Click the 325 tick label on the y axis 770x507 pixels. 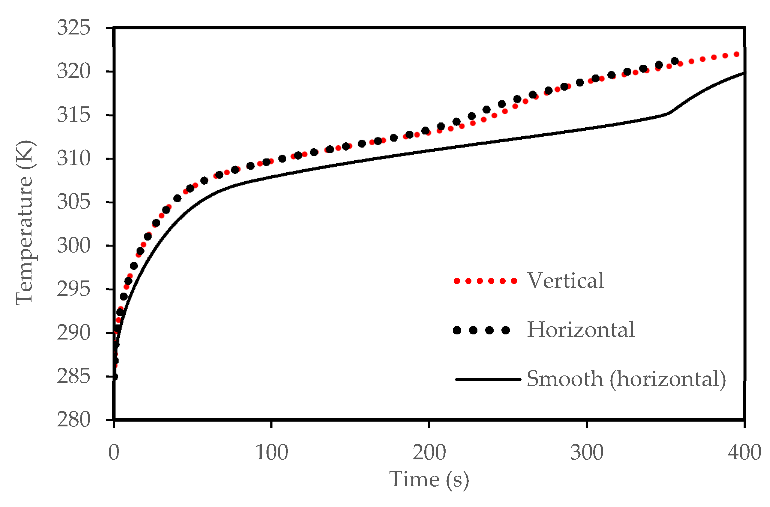74,28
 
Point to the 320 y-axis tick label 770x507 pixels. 74,71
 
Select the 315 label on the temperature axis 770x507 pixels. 74,115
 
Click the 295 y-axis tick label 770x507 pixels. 74,289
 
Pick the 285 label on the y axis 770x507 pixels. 74,376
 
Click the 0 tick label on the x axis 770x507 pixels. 114,453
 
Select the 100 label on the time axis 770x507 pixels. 271,453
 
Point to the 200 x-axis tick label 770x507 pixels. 429,453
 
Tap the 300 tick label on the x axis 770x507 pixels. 587,453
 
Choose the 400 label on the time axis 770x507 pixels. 744,453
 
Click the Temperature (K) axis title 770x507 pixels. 25,223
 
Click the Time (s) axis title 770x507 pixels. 429,480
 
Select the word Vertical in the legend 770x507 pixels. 565,281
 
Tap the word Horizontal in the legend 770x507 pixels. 581,330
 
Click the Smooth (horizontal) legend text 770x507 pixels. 626,379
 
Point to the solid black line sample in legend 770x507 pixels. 488,379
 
